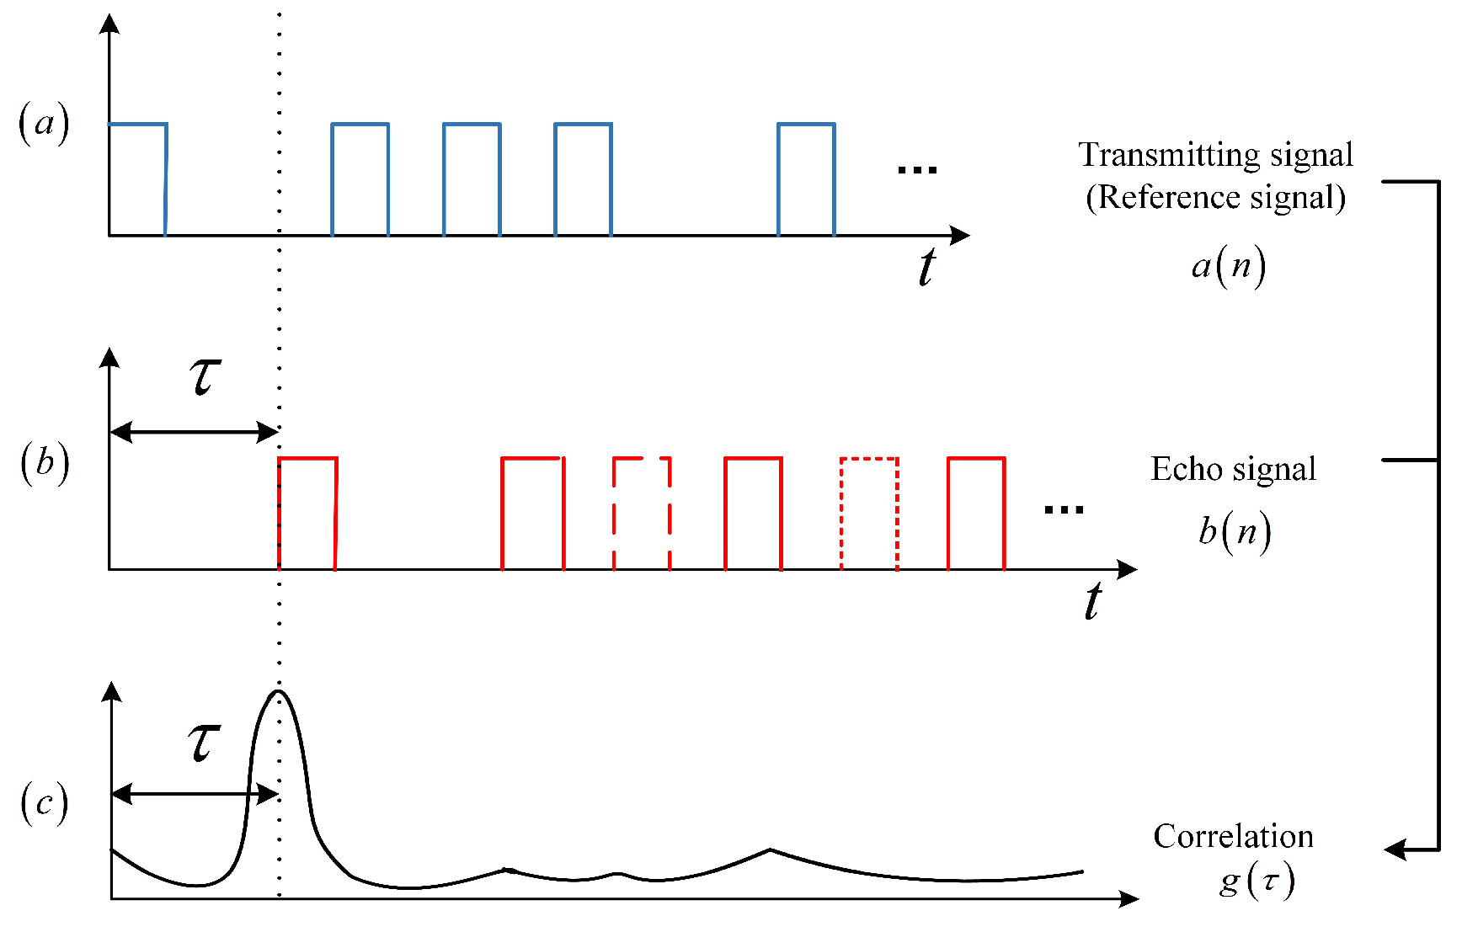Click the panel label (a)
coord(44,124)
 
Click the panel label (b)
coord(45,462)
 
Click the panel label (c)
coord(44,802)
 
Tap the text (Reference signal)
coord(1215,198)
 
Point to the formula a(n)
coord(1228,267)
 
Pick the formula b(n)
coord(1234,532)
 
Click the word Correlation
coord(1233,837)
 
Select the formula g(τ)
coord(1256,881)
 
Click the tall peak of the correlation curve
coord(279,693)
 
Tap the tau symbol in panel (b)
coord(205,375)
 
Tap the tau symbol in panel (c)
coord(204,742)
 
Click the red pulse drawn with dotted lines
coord(869,514)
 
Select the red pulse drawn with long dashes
coord(642,514)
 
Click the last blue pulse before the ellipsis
coord(806,179)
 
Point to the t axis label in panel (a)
coord(926,268)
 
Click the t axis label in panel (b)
coord(1092,602)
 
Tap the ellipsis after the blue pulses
coord(916,170)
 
